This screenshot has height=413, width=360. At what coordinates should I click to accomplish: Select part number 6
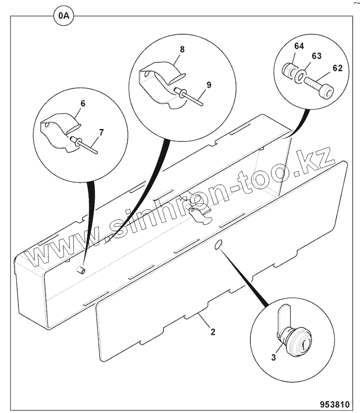pos(82,104)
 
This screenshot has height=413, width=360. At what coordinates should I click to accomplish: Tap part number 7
pos(102,132)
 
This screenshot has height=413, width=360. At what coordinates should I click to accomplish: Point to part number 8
pos(182,49)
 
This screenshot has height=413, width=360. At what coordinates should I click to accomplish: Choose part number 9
pos(209,85)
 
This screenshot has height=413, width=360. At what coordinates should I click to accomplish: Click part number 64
pos(299,46)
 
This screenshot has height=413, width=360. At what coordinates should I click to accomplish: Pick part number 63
pos(317,56)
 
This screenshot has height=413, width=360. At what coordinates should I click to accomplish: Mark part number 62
pos(337,68)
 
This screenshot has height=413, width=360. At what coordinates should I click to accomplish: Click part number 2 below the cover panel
pos(213,332)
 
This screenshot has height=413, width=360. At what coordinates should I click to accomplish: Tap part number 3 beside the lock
pos(273,357)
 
